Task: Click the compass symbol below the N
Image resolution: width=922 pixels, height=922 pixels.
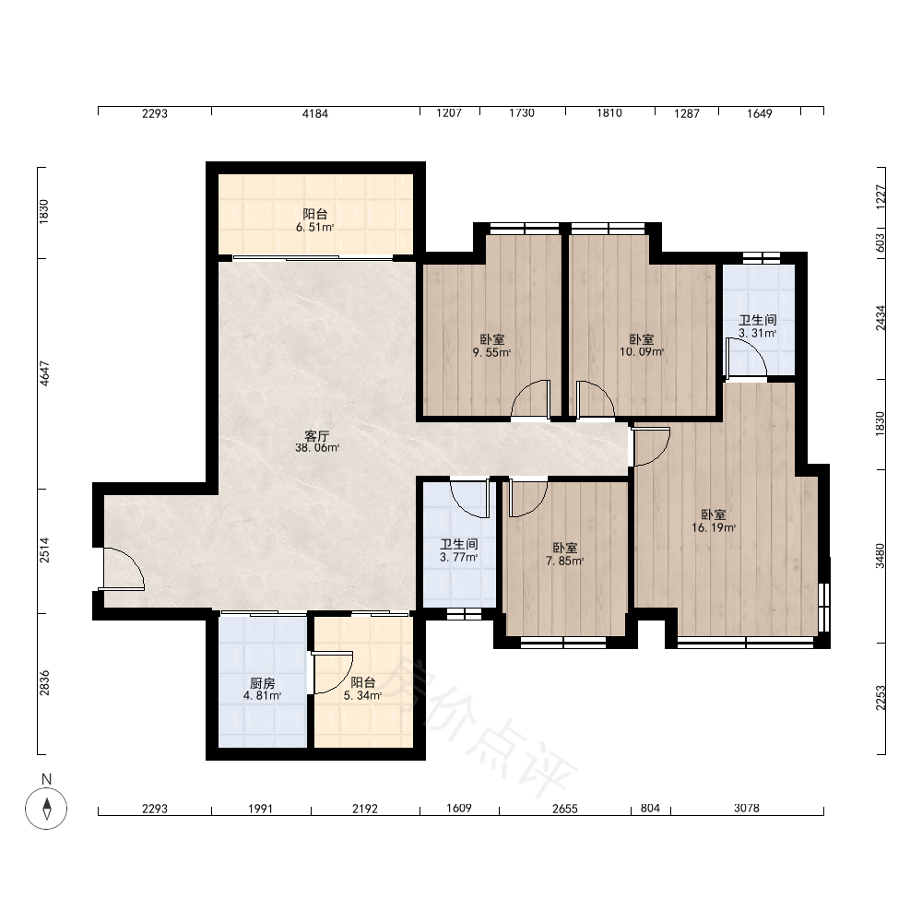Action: click(46, 808)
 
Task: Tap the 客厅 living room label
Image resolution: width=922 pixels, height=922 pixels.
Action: click(316, 436)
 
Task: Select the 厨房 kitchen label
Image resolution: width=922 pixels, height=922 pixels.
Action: click(262, 683)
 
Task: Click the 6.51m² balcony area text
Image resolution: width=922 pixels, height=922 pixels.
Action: click(314, 228)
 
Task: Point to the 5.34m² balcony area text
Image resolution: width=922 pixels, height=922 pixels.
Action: click(362, 695)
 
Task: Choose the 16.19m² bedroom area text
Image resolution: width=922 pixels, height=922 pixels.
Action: click(714, 527)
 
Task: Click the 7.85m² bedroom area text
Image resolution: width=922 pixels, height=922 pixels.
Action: click(564, 561)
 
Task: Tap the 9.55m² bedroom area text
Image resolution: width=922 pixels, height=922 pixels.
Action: click(491, 353)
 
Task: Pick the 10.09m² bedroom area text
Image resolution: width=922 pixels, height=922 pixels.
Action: click(642, 352)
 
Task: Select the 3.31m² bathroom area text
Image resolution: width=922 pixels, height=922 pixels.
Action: click(757, 333)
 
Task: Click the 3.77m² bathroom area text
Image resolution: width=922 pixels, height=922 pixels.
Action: click(458, 557)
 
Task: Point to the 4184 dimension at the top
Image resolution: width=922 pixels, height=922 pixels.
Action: click(315, 112)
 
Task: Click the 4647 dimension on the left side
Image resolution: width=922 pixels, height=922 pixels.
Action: click(44, 372)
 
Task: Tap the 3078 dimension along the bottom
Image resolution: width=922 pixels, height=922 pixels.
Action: click(747, 809)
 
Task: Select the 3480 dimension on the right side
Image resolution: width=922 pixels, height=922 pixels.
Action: click(880, 556)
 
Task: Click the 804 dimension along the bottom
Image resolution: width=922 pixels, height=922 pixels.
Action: click(650, 809)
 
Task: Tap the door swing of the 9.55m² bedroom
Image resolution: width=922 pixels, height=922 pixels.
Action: click(531, 400)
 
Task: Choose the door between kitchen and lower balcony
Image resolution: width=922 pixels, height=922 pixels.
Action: click(332, 673)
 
